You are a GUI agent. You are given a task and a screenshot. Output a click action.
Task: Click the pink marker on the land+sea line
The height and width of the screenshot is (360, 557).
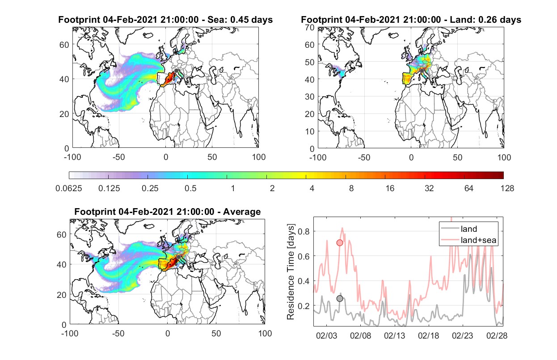pos(340,243)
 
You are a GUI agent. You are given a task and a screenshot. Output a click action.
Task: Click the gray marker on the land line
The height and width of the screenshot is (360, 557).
pos(340,299)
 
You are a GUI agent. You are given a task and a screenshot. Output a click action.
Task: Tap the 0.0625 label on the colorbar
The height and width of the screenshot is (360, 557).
pos(69,188)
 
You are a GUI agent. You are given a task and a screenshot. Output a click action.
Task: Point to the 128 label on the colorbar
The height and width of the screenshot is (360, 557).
pos(507,188)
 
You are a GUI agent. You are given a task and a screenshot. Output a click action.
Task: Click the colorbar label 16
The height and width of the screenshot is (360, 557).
pos(390,188)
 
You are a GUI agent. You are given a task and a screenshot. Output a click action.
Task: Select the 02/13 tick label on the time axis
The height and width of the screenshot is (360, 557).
pos(394,335)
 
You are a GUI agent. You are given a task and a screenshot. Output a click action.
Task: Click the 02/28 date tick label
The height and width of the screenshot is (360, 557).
pos(497,335)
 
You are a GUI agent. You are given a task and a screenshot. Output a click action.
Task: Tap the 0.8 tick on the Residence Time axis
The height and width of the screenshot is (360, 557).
pos(304,231)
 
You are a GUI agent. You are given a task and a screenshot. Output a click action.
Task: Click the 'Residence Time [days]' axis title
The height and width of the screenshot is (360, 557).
pos(291,272)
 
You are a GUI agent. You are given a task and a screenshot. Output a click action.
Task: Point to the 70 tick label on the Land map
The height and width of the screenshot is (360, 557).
pos(310,27)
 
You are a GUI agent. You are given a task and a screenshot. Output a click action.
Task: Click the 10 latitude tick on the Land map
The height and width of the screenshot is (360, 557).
pos(310,131)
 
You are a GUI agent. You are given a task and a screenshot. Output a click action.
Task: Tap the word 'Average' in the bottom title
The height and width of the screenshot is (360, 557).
pos(242,212)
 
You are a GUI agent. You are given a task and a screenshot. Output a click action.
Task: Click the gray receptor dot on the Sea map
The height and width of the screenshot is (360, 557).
pos(176,71)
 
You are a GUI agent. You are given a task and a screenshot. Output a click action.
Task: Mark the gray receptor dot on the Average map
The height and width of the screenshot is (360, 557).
pos(178,257)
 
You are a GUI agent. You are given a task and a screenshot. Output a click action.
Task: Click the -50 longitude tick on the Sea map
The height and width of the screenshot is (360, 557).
pos(118,157)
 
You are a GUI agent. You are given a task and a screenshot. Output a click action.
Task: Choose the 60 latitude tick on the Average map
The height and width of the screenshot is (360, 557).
pos(61,234)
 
